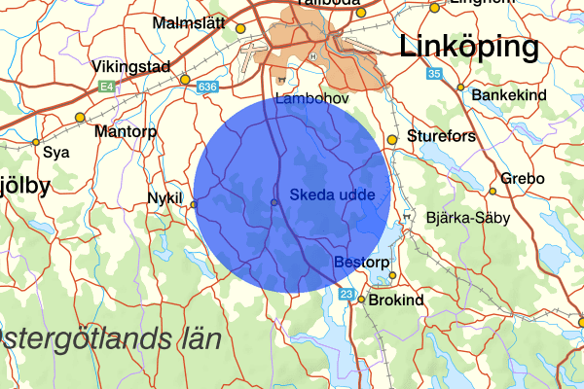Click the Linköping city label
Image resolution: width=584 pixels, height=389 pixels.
[469, 47]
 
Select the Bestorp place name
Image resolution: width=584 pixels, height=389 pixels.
[361, 263]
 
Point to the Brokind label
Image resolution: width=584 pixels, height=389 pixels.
[397, 301]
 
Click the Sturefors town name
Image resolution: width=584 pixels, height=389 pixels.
[442, 136]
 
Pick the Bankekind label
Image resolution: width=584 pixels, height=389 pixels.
[509, 95]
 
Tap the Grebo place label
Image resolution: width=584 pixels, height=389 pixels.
[523, 179]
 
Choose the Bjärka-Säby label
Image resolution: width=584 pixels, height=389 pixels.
[467, 219]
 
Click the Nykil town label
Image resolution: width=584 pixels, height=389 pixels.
[164, 197]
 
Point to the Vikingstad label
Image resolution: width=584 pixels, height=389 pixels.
[131, 67]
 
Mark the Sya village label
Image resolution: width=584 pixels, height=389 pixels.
[57, 153]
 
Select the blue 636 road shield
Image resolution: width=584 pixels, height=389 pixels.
[206, 88]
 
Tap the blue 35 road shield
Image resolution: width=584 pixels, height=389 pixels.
[434, 74]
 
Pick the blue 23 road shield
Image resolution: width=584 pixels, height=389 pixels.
[347, 294]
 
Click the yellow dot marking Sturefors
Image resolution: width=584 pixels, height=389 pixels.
[392, 140]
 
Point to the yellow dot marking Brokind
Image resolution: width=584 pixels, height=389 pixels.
[360, 300]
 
